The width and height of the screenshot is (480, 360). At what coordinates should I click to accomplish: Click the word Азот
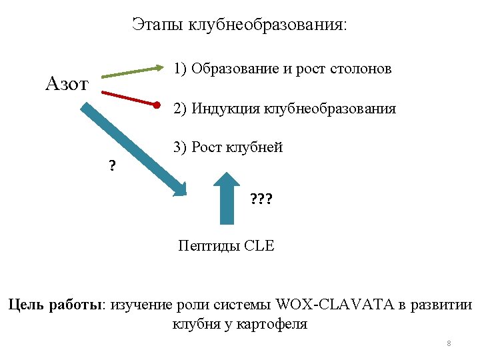click(67, 84)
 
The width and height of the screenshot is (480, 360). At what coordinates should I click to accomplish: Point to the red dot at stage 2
click(157, 105)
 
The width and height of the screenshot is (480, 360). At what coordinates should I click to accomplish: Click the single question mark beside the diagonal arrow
click(111, 166)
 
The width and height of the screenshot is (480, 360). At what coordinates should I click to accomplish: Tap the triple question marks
click(262, 199)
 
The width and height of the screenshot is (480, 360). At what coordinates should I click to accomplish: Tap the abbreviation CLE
click(259, 246)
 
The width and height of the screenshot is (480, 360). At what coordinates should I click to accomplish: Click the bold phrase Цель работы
click(55, 305)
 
